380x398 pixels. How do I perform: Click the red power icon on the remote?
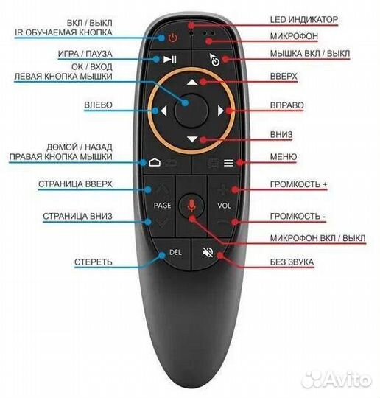pyautogui.click(x=173, y=38)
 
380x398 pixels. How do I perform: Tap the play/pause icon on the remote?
pyautogui.click(x=170, y=60)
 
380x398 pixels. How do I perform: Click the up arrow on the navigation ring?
pyautogui.click(x=192, y=83)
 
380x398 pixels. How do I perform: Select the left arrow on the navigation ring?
pyautogui.click(x=163, y=111)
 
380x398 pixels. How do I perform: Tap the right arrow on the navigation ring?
pyautogui.click(x=220, y=111)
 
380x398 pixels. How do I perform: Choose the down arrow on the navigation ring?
pyautogui.click(x=192, y=139)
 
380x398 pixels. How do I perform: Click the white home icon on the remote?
pyautogui.click(x=155, y=162)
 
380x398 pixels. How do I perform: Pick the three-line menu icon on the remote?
pyautogui.click(x=228, y=163)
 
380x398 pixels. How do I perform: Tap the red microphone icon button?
pyautogui.click(x=191, y=206)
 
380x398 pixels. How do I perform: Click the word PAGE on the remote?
pyautogui.click(x=162, y=205)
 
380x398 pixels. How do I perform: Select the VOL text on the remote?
pyautogui.click(x=224, y=206)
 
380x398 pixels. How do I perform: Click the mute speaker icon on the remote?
pyautogui.click(x=208, y=252)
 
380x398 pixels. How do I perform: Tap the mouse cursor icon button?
pyautogui.click(x=214, y=60)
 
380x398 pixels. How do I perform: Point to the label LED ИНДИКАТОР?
pyautogui.click(x=303, y=20)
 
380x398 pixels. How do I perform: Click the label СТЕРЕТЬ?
pyautogui.click(x=93, y=262)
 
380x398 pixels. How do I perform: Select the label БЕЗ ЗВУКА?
pyautogui.click(x=292, y=262)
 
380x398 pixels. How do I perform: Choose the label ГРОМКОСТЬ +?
pyautogui.click(x=298, y=184)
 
